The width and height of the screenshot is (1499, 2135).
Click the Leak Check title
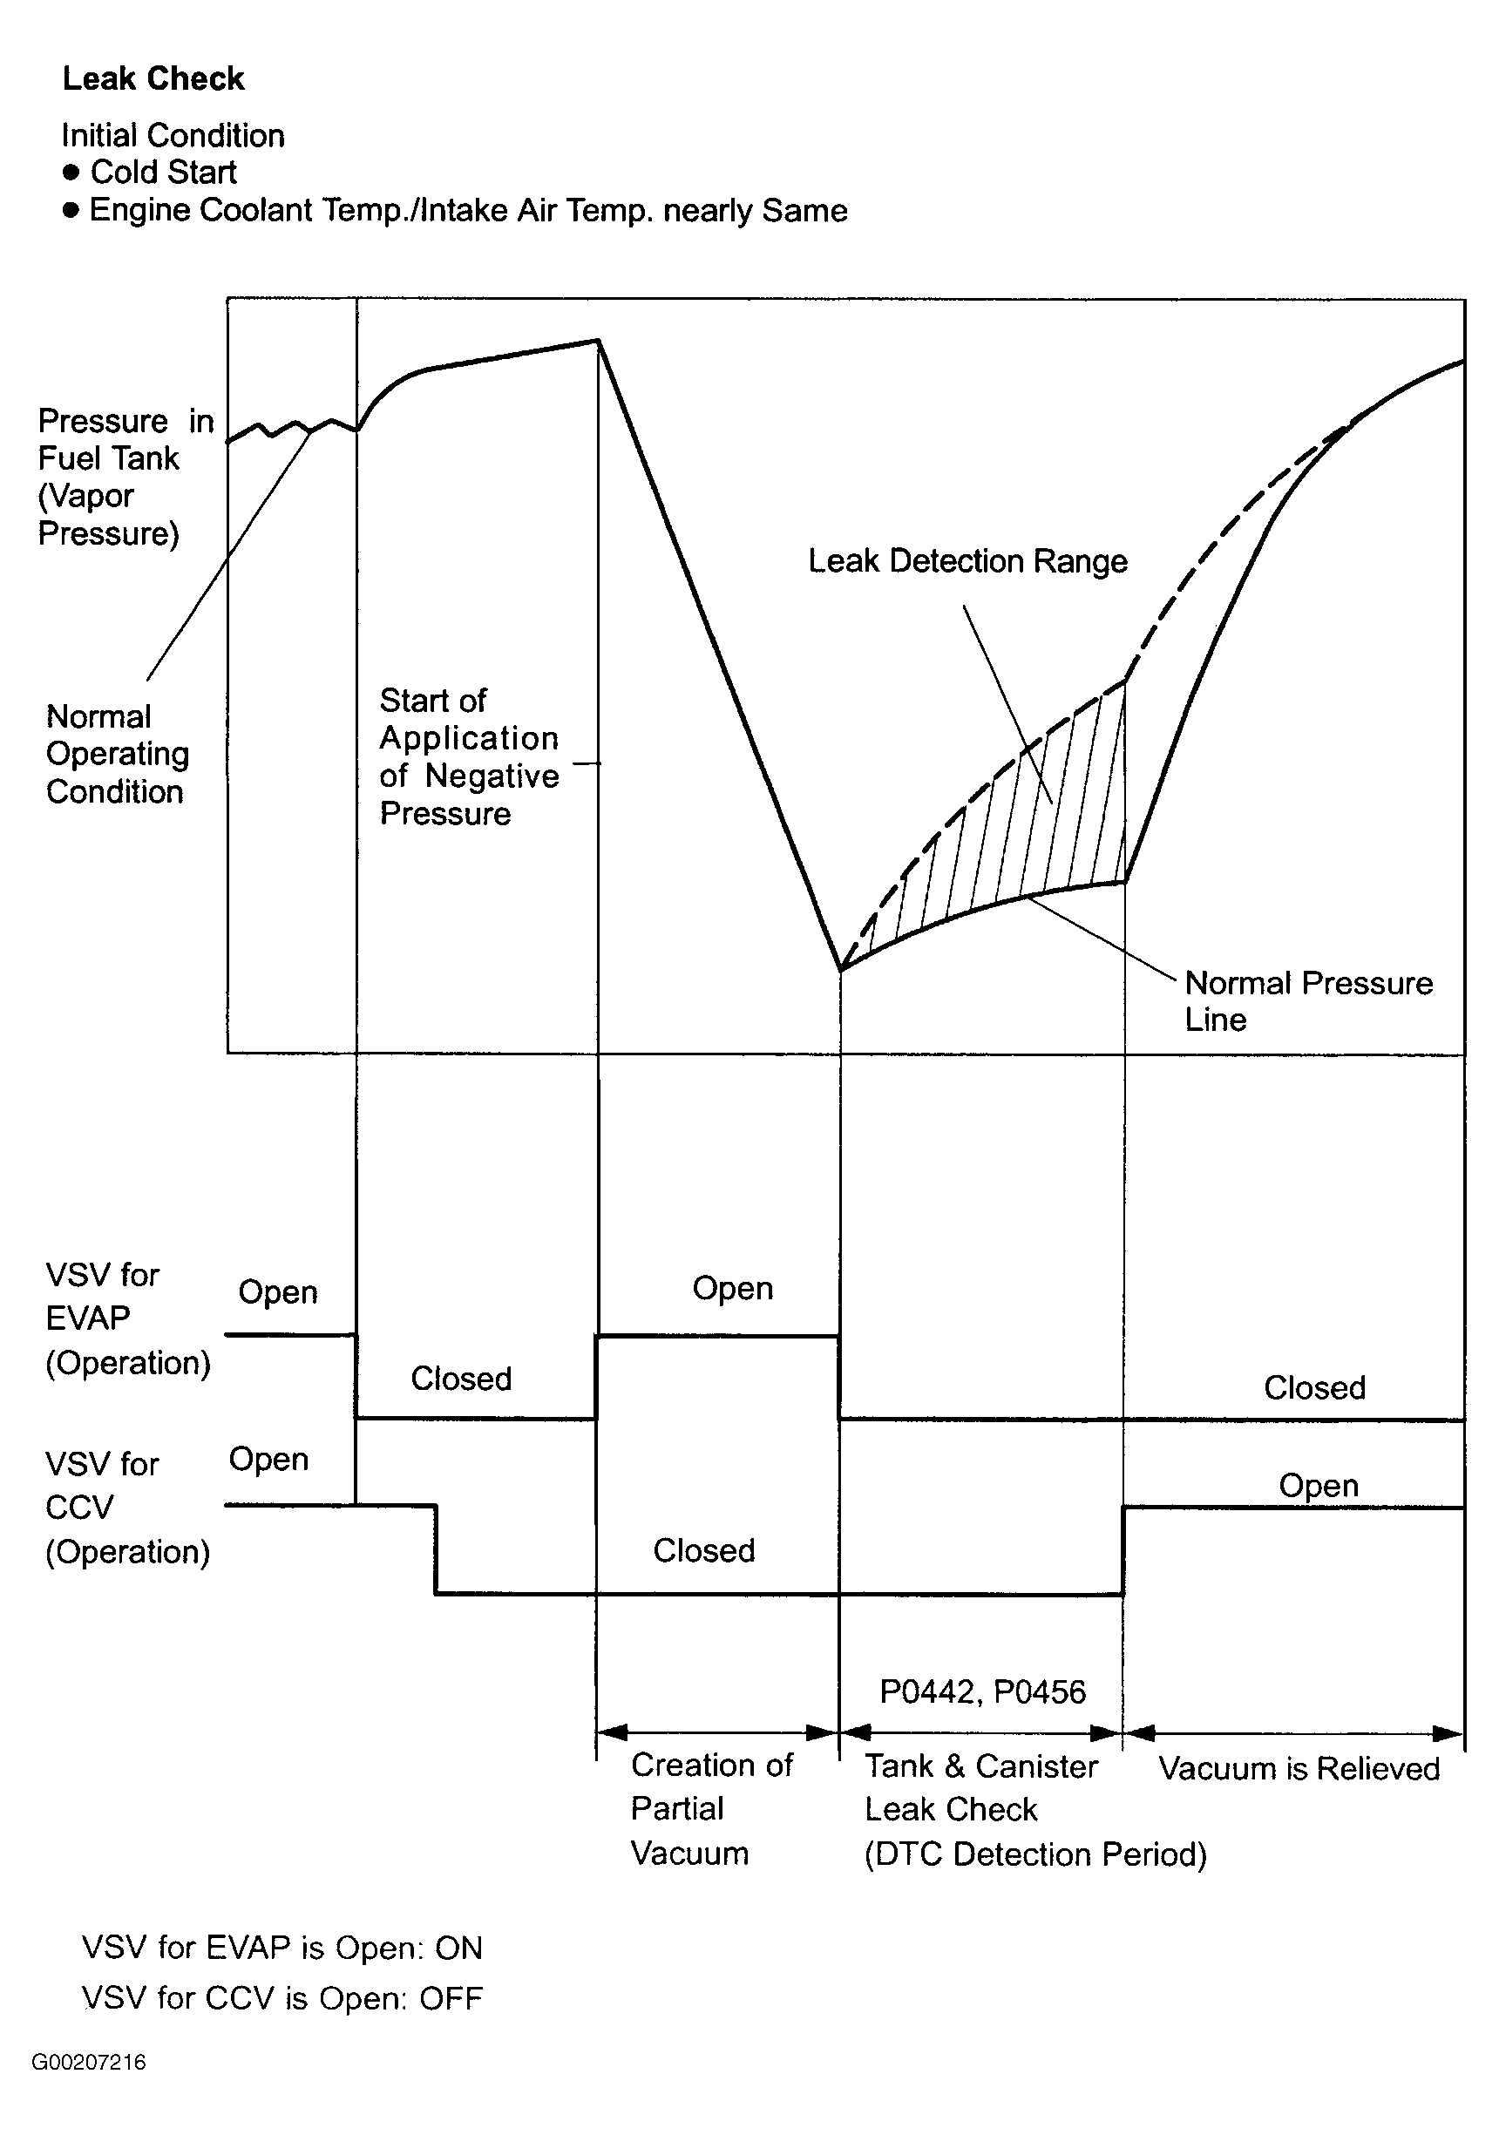pyautogui.click(x=153, y=79)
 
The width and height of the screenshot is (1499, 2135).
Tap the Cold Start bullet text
pyautogui.click(x=163, y=172)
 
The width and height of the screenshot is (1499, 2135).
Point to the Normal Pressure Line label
pyautogui.click(x=1307, y=1000)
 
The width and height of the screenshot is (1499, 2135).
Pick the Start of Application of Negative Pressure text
pyautogui.click(x=469, y=756)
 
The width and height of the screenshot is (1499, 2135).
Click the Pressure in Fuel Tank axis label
pyautogui.click(x=125, y=477)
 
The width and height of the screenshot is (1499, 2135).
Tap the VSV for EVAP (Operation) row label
pyautogui.click(x=127, y=1318)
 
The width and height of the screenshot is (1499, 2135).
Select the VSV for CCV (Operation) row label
pyautogui.click(x=127, y=1508)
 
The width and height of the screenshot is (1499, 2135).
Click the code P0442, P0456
pyautogui.click(x=982, y=1691)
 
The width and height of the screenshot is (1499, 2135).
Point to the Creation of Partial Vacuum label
pyautogui.click(x=710, y=1808)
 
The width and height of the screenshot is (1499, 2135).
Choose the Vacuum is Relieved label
pyautogui.click(x=1299, y=1768)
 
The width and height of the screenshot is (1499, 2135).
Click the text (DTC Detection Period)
pyautogui.click(x=1035, y=1854)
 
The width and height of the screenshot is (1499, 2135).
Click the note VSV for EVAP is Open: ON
pyautogui.click(x=281, y=1947)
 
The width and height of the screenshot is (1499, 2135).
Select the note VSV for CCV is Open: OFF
pyautogui.click(x=281, y=1997)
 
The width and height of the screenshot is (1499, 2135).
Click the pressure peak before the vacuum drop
pyautogui.click(x=598, y=342)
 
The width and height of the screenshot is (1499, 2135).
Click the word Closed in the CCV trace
pyautogui.click(x=704, y=1550)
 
